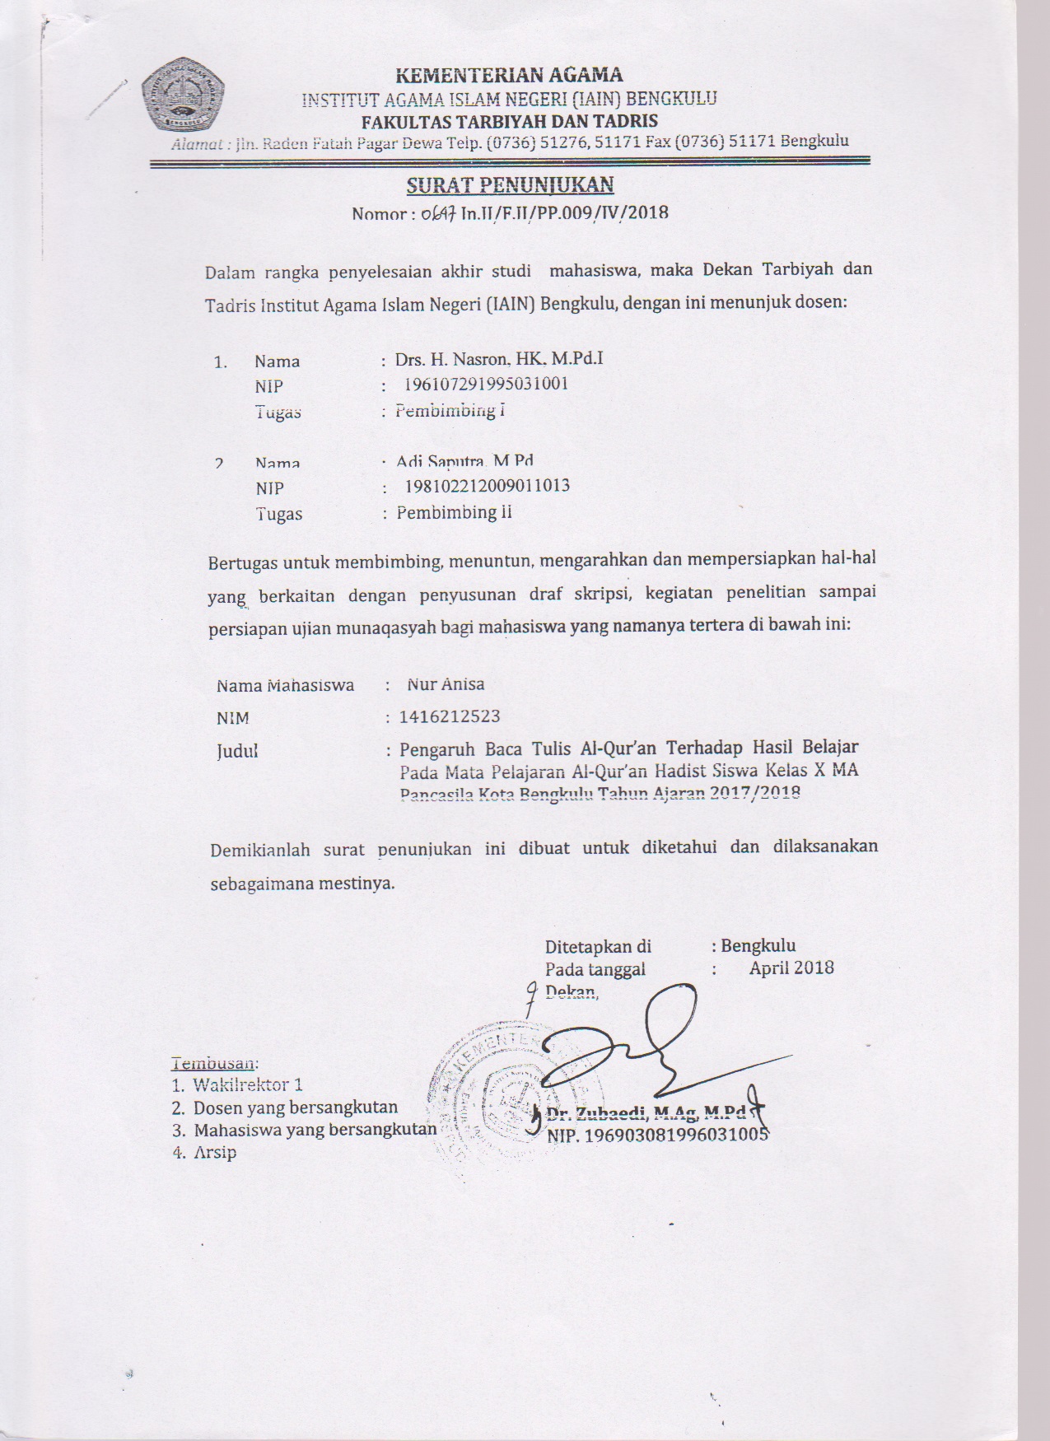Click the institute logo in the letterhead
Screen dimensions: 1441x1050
(x=184, y=97)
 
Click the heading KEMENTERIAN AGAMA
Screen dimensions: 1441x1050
(x=510, y=76)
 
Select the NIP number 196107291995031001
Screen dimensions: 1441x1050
(x=486, y=384)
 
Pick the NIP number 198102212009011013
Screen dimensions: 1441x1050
(x=487, y=486)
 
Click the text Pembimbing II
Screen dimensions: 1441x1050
(x=454, y=512)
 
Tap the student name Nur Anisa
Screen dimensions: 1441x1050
(x=446, y=683)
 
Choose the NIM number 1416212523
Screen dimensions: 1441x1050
(x=450, y=716)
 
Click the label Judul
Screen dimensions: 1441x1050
(x=237, y=751)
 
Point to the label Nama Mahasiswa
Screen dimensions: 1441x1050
(x=285, y=685)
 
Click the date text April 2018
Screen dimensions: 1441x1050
(x=791, y=968)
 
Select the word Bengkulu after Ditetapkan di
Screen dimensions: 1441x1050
(x=758, y=945)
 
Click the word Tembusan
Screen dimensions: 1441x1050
(x=215, y=1062)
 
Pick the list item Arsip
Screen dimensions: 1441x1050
(x=215, y=1152)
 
